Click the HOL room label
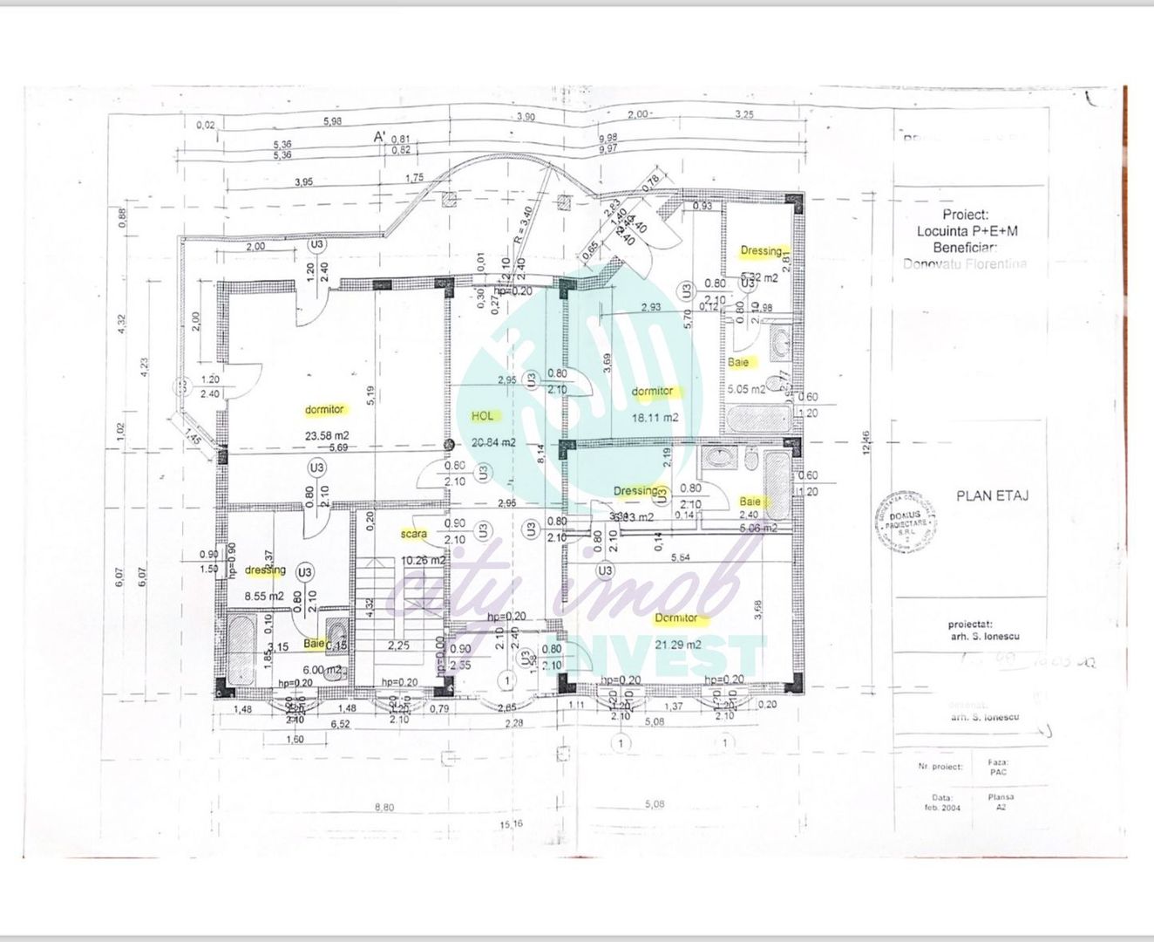482,417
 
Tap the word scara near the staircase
414,533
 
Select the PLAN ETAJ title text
993,495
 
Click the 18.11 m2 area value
655,418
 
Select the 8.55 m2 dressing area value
264,596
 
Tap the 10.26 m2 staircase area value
424,560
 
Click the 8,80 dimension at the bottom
384,807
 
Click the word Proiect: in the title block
965,215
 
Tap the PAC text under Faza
999,772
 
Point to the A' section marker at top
380,137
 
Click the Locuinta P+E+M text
967,231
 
